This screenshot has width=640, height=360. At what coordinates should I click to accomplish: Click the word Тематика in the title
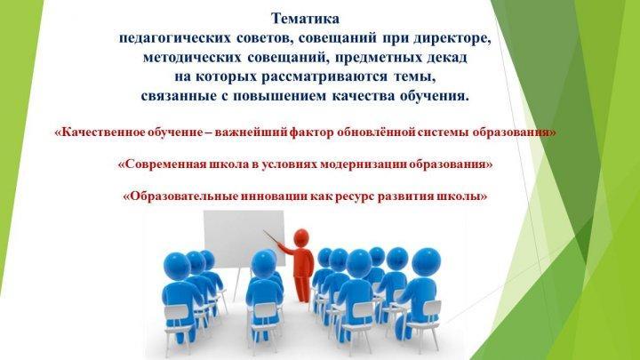(305, 19)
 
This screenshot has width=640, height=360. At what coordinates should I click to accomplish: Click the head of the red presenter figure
(301, 237)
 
